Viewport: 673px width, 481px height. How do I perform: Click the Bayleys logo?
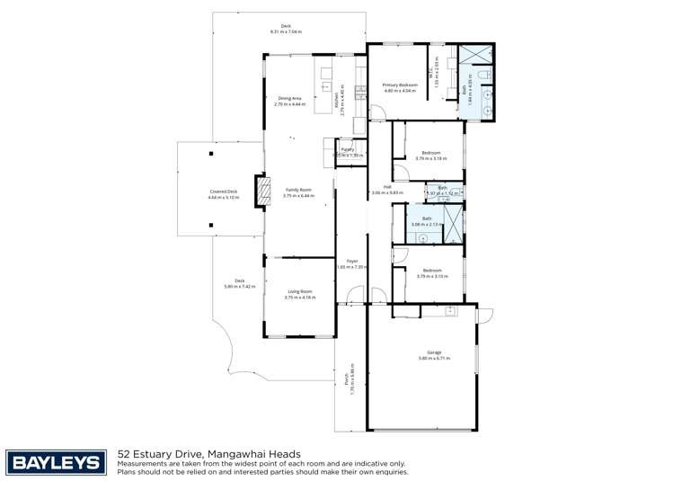[x=56, y=462]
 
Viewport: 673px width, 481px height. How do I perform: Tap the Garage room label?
[x=434, y=353]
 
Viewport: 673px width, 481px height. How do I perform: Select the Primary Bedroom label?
[x=401, y=85]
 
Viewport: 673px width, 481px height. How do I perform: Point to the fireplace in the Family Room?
[x=262, y=192]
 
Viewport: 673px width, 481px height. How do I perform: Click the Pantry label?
[x=346, y=150]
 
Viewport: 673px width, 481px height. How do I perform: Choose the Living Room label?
[x=299, y=291]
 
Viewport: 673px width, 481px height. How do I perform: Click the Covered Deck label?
[x=223, y=191]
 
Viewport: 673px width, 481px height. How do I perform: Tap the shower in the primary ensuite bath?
[x=474, y=53]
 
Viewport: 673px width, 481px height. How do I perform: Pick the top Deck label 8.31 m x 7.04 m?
[x=286, y=29]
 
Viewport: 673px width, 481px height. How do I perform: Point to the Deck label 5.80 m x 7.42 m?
[x=240, y=282]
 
